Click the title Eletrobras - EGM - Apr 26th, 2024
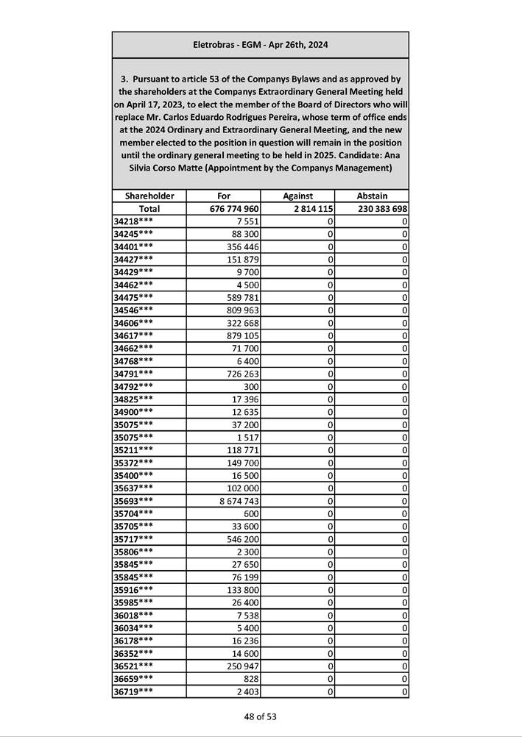coord(260,45)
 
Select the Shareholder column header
coord(149,196)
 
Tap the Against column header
coord(297,196)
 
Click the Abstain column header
coord(372,196)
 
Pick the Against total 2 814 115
coord(308,209)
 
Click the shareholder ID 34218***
coord(134,221)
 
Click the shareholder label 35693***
coord(134,501)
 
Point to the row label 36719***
coord(134,691)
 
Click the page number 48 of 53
coord(261,716)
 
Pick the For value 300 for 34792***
coord(251,387)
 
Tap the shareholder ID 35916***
coord(134,590)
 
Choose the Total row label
coord(149,209)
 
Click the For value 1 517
coord(247,438)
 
